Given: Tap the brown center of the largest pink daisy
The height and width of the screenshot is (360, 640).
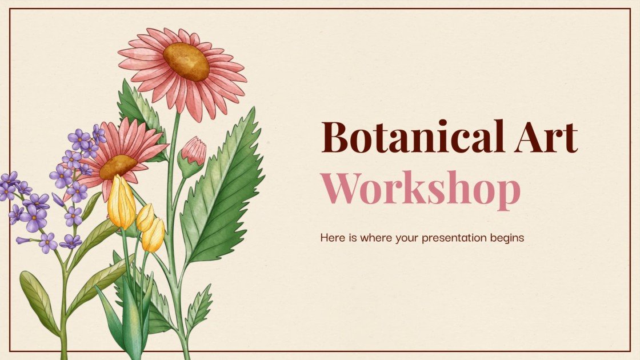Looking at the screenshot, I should pyautogui.click(x=186, y=61).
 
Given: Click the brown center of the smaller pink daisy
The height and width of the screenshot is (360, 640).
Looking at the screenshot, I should pyautogui.click(x=118, y=166).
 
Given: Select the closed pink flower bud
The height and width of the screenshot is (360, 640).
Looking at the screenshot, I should pyautogui.click(x=194, y=151).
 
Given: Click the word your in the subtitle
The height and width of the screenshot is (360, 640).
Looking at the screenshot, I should pyautogui.click(x=407, y=238).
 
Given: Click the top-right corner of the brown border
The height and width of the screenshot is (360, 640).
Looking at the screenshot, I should pyautogui.click(x=630, y=9).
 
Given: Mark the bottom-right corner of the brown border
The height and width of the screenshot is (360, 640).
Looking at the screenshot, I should pyautogui.click(x=630, y=350).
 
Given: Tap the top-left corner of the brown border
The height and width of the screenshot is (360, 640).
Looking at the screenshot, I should pyautogui.click(x=10, y=9).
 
